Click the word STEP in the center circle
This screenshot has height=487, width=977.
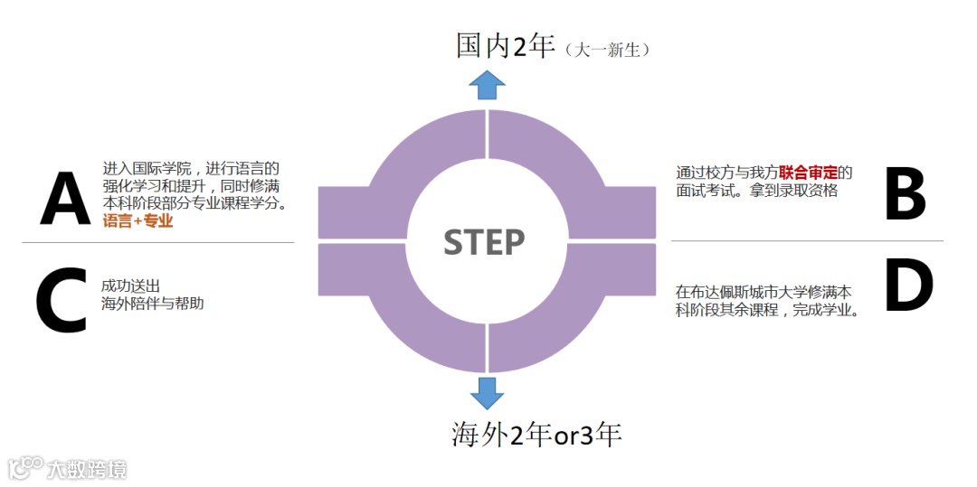(x=484, y=242)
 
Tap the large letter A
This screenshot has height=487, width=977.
(x=65, y=200)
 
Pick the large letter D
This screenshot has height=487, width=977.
(x=908, y=287)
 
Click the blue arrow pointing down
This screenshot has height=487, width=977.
(x=487, y=394)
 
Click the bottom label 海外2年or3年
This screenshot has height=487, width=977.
(x=536, y=435)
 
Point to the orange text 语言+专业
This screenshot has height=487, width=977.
(x=138, y=220)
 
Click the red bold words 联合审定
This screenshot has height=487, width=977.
(x=808, y=173)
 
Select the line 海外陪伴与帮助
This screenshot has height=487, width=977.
(x=153, y=304)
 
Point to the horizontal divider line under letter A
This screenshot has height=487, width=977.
(x=157, y=242)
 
